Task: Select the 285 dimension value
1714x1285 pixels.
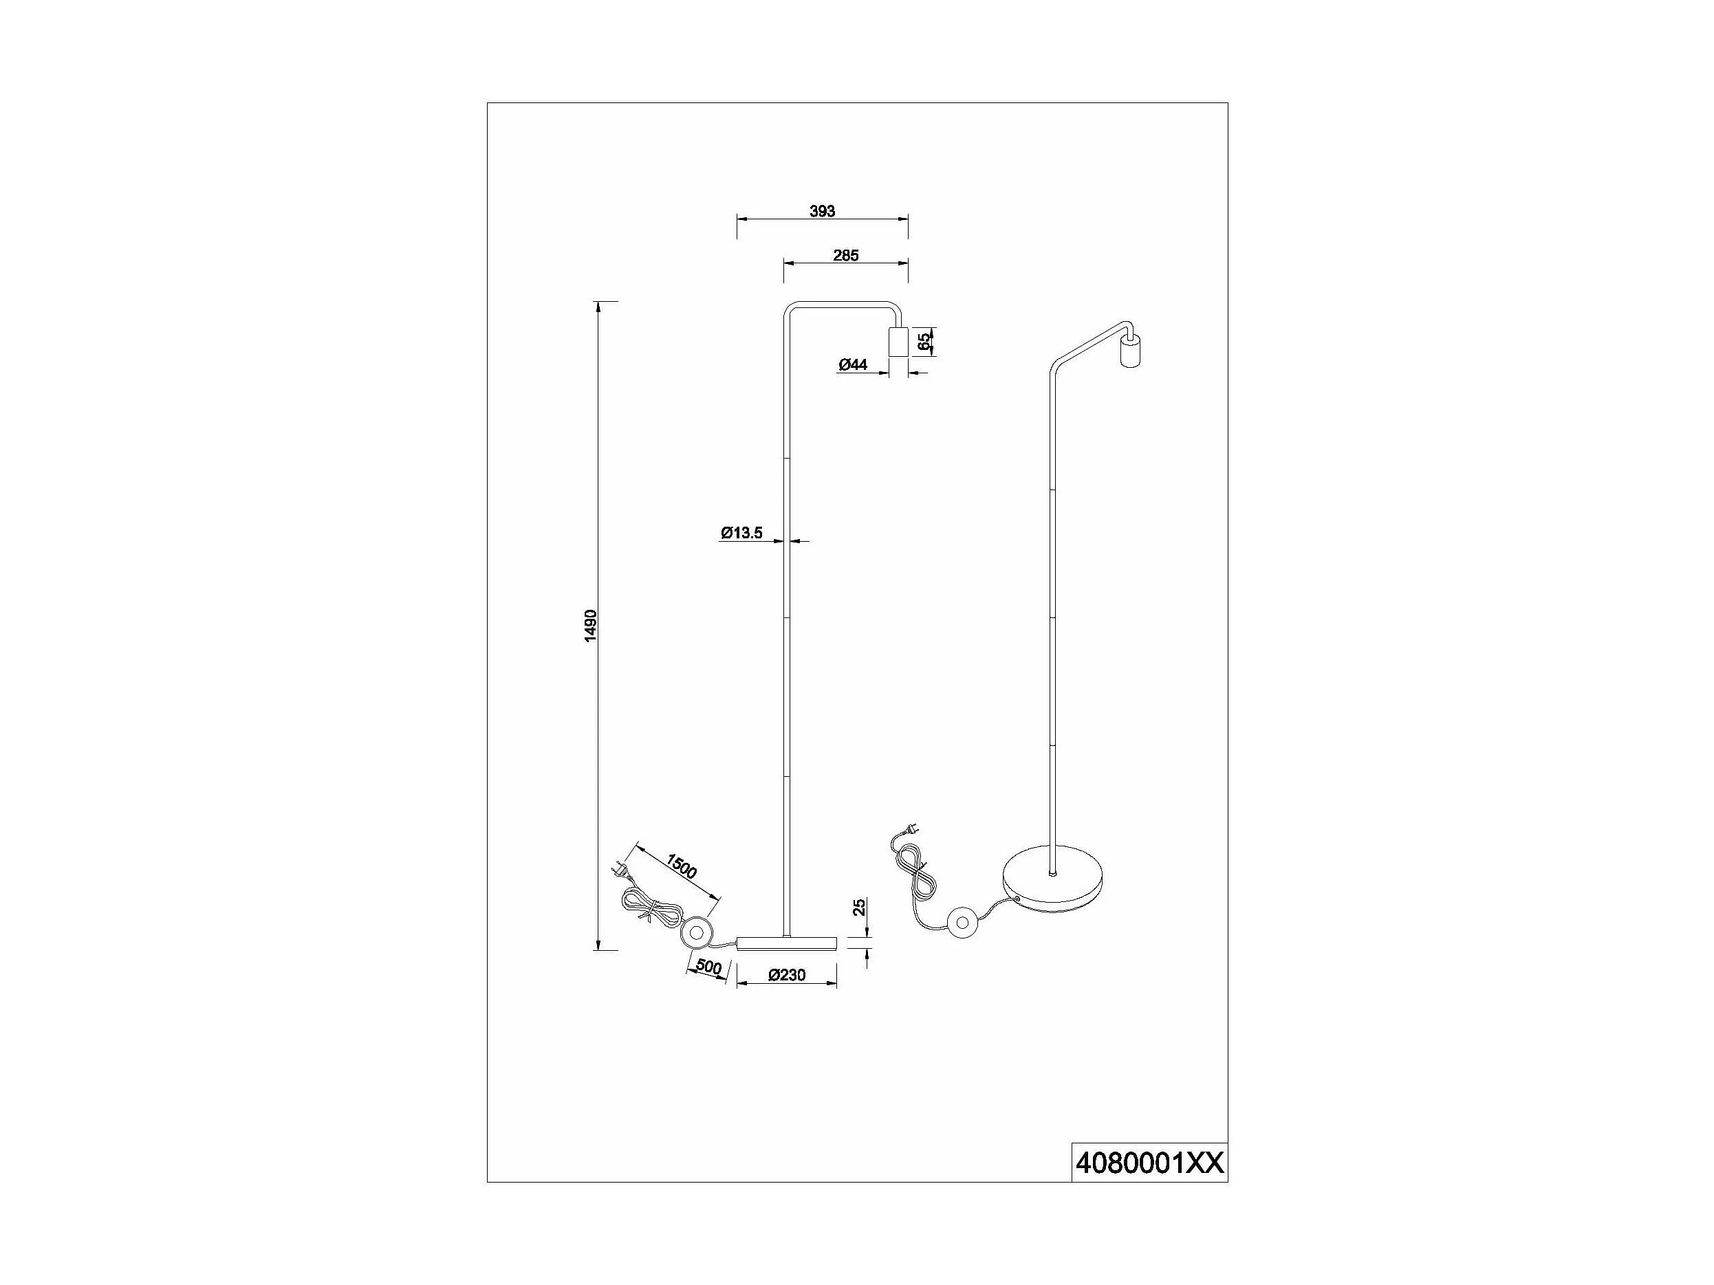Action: click(845, 256)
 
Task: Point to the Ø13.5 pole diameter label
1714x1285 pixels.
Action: click(741, 533)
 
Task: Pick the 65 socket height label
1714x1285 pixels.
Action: click(924, 342)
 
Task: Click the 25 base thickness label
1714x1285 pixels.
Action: click(859, 908)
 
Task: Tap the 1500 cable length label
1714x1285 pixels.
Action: click(682, 867)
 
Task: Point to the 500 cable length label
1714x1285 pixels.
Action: click(708, 967)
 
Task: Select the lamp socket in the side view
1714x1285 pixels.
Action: click(898, 342)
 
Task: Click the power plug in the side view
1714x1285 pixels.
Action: click(622, 870)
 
